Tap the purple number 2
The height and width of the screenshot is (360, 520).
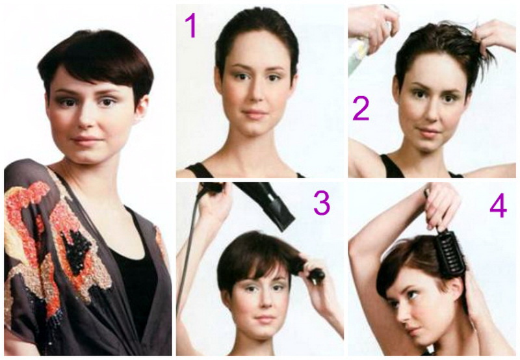(x=361, y=109)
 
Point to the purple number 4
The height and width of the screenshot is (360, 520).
(x=498, y=207)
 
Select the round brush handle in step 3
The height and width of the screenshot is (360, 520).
(x=316, y=274)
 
